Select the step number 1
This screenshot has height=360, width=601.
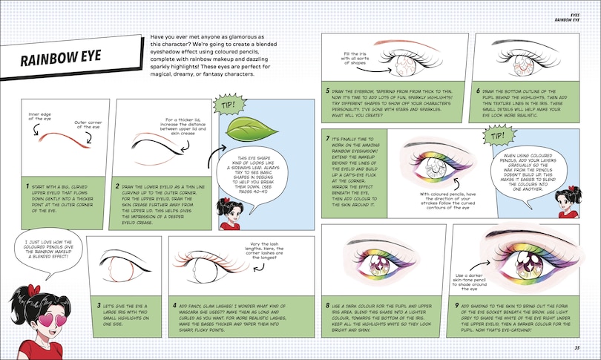27,189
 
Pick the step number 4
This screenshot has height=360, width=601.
174,304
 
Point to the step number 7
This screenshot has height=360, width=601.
326,138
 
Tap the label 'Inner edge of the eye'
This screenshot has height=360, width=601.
36,114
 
